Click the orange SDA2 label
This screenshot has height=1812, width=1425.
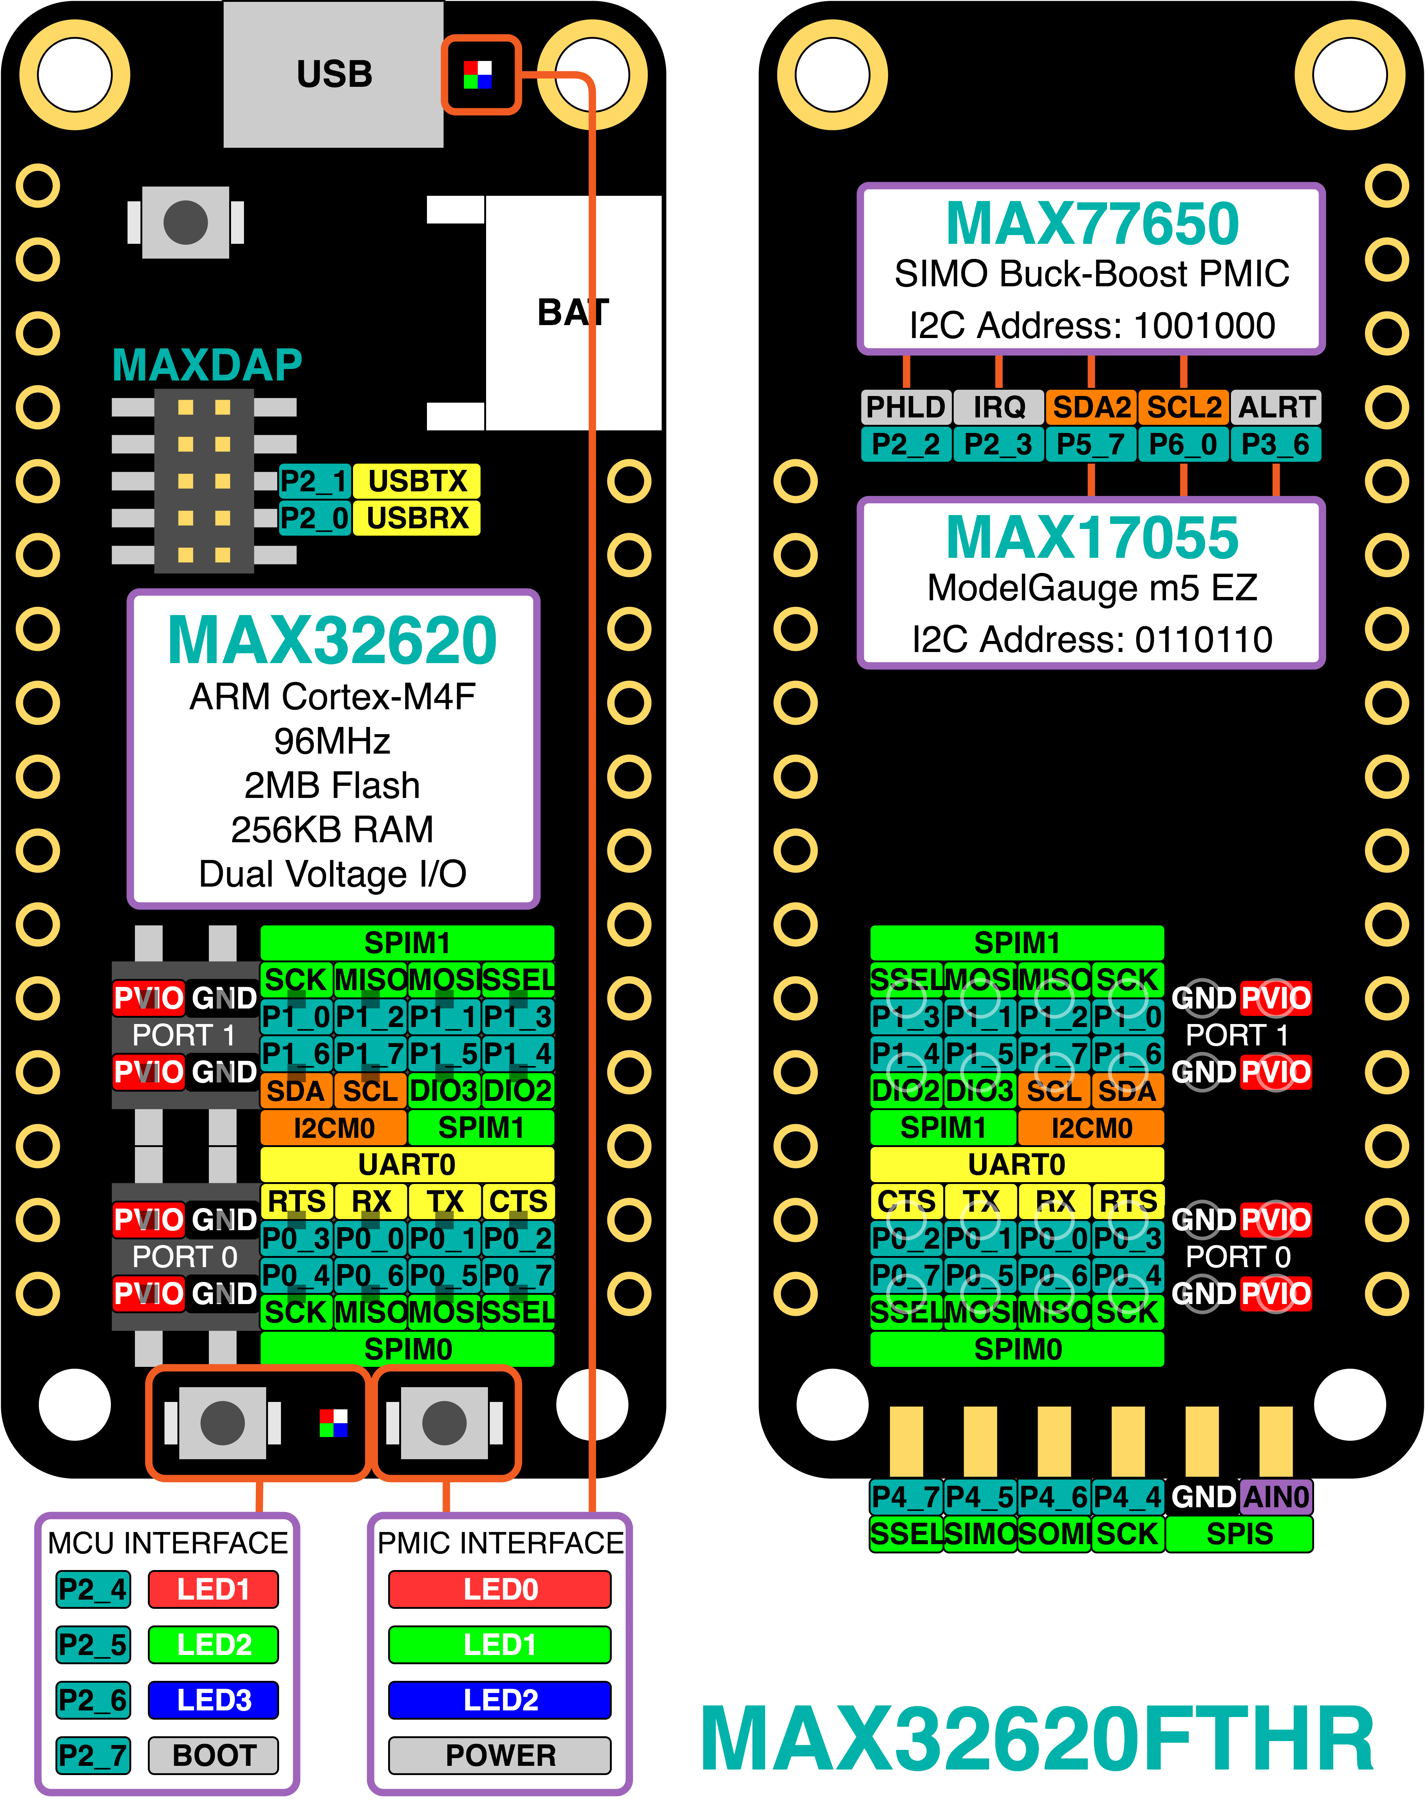coord(1091,407)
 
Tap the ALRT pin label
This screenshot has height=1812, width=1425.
coord(1276,407)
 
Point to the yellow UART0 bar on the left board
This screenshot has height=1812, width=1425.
coord(407,1164)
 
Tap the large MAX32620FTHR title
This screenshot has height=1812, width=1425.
coord(1037,1740)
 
